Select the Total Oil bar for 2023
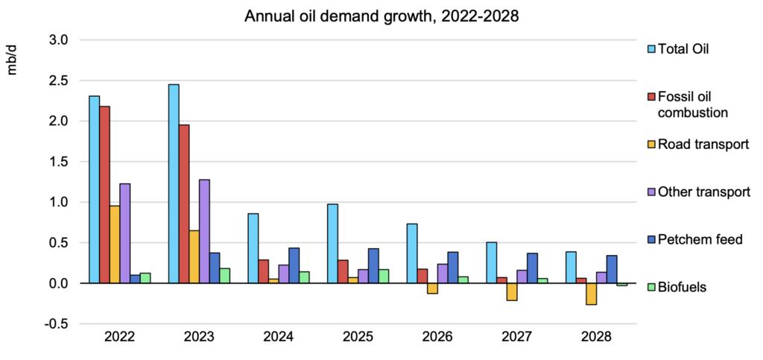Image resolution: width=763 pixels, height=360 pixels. pyautogui.click(x=174, y=183)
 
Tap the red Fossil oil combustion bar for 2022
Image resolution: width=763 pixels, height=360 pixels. pyautogui.click(x=104, y=195)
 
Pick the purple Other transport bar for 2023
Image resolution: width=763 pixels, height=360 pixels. pyautogui.click(x=204, y=231)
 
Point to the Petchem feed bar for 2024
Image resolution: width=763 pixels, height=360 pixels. pyautogui.click(x=294, y=265)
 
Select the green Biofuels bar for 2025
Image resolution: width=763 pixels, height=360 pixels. pyautogui.click(x=384, y=276)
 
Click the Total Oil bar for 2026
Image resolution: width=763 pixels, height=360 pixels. pyautogui.click(x=412, y=253)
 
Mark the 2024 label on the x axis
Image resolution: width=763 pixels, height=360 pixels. pyautogui.click(x=279, y=337)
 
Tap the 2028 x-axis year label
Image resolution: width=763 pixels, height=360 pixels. pyautogui.click(x=596, y=337)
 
